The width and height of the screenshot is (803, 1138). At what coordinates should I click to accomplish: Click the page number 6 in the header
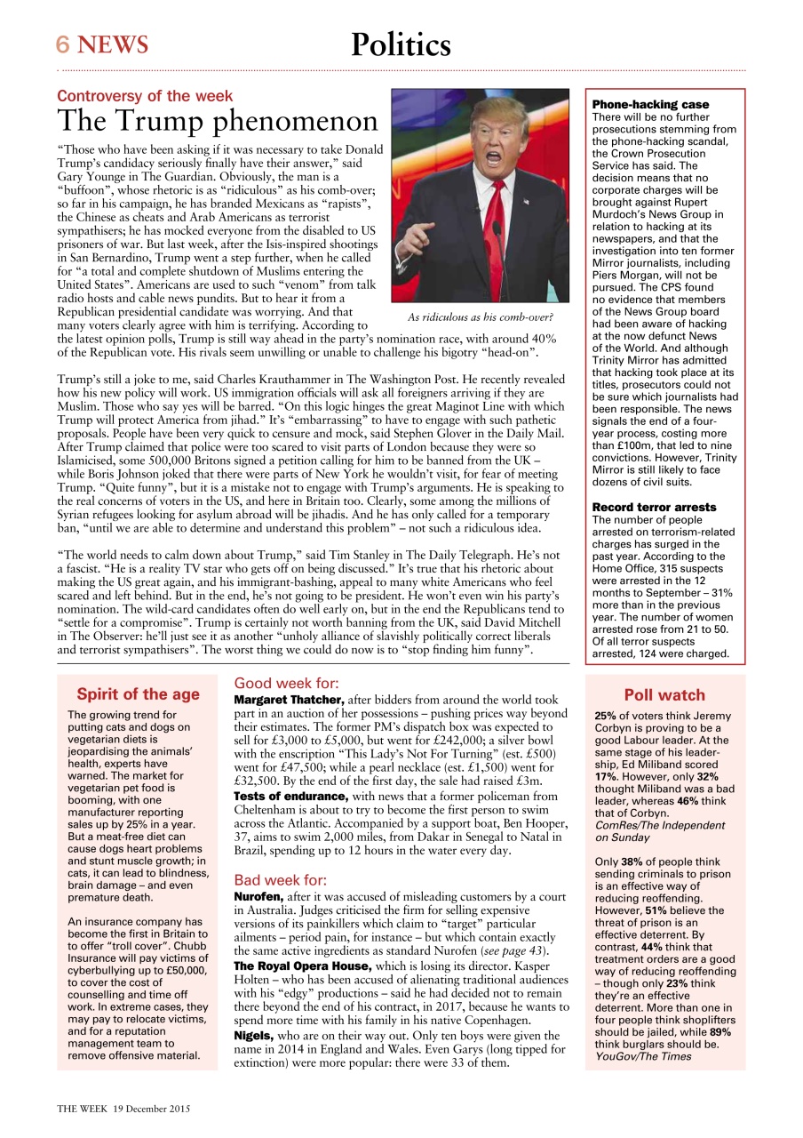tap(63, 44)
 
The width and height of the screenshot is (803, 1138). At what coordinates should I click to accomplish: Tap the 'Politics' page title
tap(401, 44)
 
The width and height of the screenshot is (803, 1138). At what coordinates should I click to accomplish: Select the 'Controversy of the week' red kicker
tap(145, 96)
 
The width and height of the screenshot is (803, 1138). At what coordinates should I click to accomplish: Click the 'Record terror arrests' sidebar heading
tap(654, 507)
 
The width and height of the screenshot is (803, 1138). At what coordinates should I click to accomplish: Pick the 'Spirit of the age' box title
tap(138, 694)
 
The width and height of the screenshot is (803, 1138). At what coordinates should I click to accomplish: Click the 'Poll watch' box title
tap(664, 695)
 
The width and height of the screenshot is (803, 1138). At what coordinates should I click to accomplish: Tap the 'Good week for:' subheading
tap(286, 684)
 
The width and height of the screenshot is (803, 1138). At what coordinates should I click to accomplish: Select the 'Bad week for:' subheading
tap(281, 880)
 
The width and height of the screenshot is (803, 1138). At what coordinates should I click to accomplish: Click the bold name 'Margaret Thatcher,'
tap(289, 701)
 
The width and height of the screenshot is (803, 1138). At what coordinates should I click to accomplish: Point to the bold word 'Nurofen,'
tap(258, 896)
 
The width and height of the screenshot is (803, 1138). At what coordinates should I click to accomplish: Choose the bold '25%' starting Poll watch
tap(605, 716)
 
